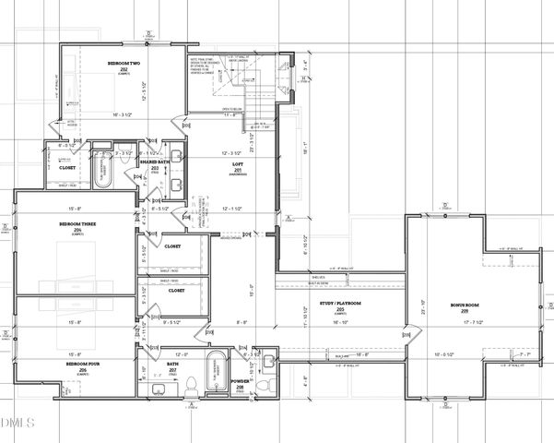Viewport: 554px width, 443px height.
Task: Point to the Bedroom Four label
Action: (77, 365)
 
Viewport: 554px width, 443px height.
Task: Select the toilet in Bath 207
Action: (190, 385)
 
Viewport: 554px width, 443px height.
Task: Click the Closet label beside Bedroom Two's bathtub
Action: (67, 168)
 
